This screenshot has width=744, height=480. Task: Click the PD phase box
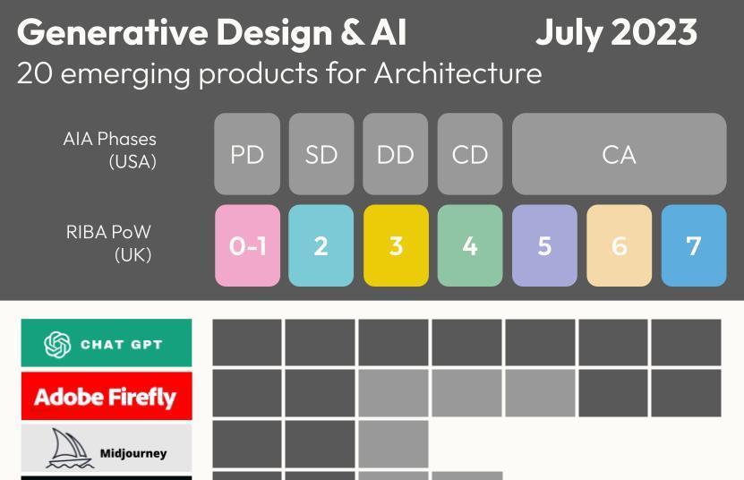click(x=247, y=154)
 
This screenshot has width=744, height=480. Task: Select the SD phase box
click(x=321, y=154)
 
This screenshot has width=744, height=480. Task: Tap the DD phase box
click(x=396, y=154)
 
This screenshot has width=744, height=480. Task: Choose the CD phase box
click(x=470, y=154)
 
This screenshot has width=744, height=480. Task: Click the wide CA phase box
click(x=619, y=154)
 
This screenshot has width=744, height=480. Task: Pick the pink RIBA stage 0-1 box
click(x=247, y=245)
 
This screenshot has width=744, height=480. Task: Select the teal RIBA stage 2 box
click(x=321, y=245)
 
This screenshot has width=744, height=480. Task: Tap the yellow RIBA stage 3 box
click(x=396, y=245)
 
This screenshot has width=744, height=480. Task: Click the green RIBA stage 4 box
click(x=470, y=245)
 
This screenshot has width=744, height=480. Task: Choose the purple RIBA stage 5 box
click(x=544, y=245)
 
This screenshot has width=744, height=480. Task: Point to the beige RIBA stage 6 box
click(x=619, y=245)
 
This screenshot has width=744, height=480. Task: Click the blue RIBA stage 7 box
click(x=694, y=245)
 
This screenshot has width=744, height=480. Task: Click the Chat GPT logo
click(x=107, y=344)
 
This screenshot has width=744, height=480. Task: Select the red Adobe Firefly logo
click(x=107, y=397)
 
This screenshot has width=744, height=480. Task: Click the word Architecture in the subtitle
click(x=458, y=73)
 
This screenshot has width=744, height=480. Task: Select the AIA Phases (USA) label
click(x=110, y=150)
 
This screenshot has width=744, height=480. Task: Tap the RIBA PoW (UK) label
click(x=108, y=243)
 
